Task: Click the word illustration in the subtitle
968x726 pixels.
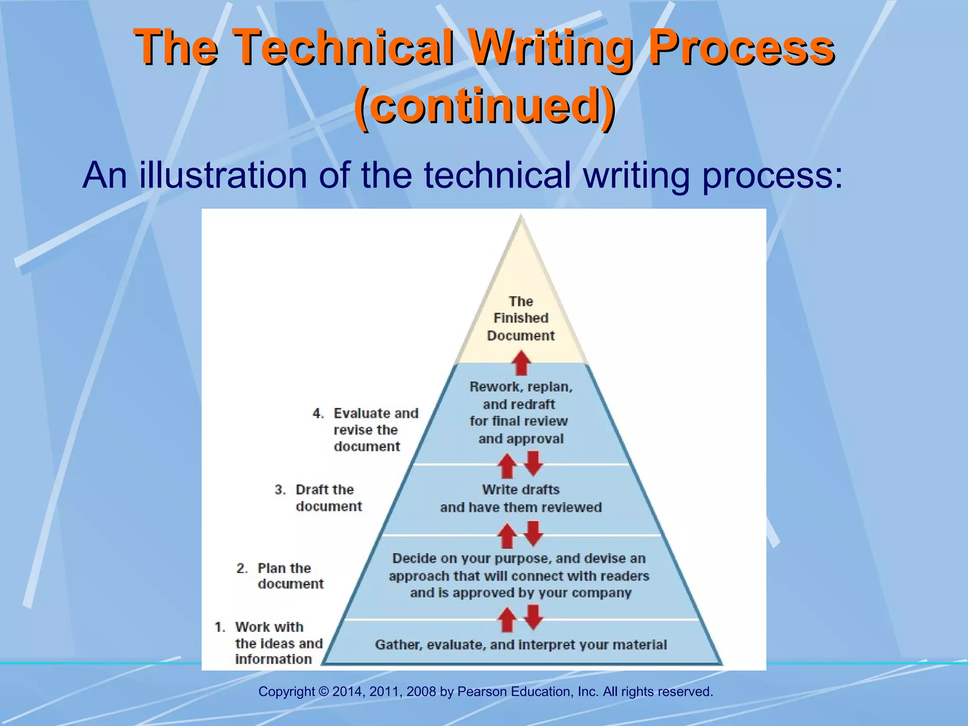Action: [x=223, y=175]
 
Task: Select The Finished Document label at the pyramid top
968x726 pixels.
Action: [x=521, y=319]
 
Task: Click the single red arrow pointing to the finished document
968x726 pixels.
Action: [x=521, y=363]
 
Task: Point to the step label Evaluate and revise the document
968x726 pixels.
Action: [x=367, y=430]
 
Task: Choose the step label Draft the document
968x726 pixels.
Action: [x=319, y=498]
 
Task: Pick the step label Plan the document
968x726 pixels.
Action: [x=281, y=576]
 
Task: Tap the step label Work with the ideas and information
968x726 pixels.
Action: [x=269, y=643]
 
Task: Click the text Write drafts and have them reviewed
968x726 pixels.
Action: [x=521, y=499]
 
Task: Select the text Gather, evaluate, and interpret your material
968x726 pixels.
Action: [x=521, y=645]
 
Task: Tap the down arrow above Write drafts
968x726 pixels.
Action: [x=534, y=463]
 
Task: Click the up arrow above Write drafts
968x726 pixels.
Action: [x=508, y=466]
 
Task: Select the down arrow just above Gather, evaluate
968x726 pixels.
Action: [x=534, y=617]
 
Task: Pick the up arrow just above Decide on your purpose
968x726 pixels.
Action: [x=508, y=536]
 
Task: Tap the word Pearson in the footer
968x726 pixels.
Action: [x=482, y=692]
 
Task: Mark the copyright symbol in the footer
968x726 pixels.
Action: [x=324, y=692]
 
